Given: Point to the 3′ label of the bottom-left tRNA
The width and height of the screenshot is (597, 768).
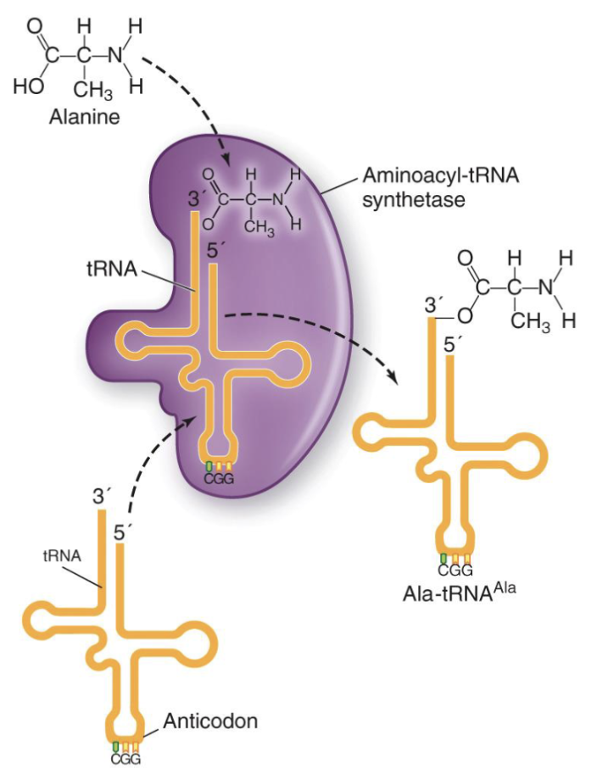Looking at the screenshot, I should point(101,495).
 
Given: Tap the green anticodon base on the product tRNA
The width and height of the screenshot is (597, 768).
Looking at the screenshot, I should point(444,557).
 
